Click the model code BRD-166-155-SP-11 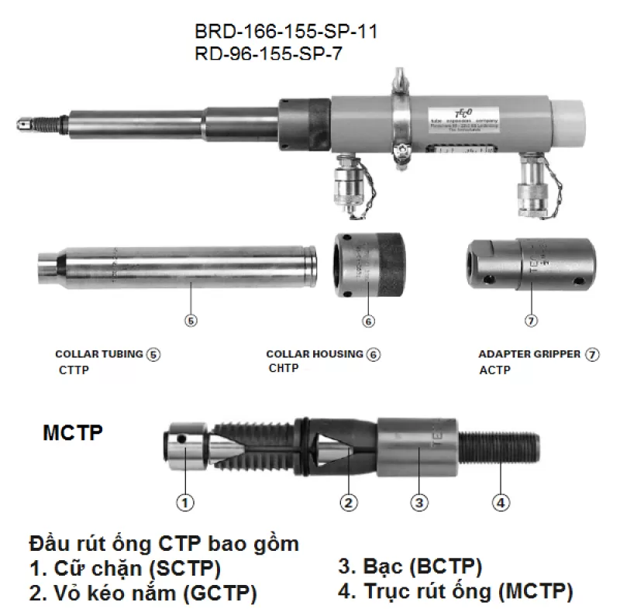(x=286, y=33)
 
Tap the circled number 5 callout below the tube (x=191, y=318)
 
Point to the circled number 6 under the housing (x=368, y=320)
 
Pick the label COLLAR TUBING (x=99, y=354)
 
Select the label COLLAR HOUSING (x=314, y=354)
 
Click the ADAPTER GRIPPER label (x=529, y=354)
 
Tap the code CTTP (x=74, y=370)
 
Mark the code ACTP (x=494, y=370)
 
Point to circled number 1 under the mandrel (x=184, y=503)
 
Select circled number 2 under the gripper (x=350, y=503)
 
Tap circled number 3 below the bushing (x=418, y=503)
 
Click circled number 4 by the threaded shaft (x=501, y=503)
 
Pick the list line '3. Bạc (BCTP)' (x=410, y=566)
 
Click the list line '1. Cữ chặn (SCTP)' (x=125, y=569)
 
